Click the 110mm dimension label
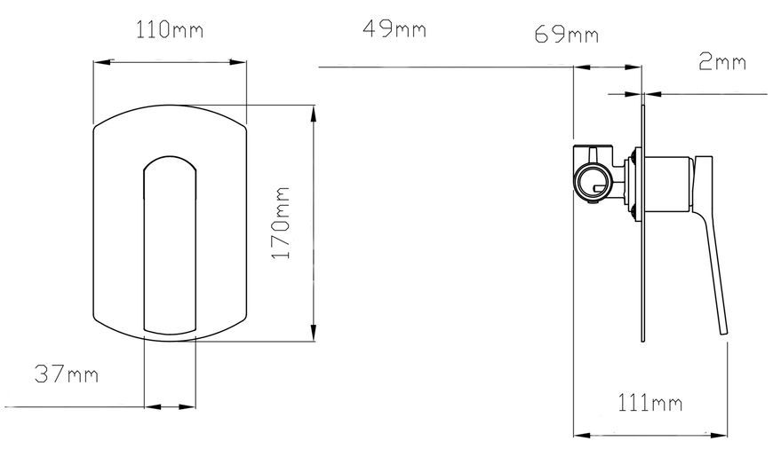pyautogui.click(x=169, y=30)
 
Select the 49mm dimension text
pyautogui.click(x=394, y=29)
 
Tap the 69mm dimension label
pyautogui.click(x=567, y=35)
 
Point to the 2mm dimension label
pyautogui.click(x=722, y=62)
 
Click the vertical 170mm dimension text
pyautogui.click(x=282, y=223)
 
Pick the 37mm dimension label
pyautogui.click(x=67, y=374)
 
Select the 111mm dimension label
pyautogui.click(x=650, y=404)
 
